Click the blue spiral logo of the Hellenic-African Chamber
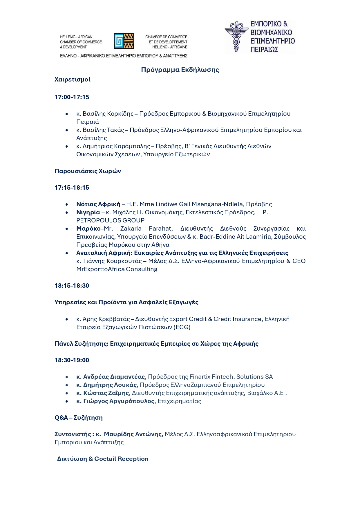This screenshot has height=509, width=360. point(119,41)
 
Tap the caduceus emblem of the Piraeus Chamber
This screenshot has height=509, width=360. point(236,37)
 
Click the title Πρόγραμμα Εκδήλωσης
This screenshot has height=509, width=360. point(180,70)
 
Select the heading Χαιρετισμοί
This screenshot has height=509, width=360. point(73,79)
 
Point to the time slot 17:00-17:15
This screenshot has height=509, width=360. point(72,97)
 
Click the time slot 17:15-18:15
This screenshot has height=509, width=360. point(72,188)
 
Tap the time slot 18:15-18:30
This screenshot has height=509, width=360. point(72,286)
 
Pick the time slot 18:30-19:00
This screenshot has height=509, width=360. point(72,360)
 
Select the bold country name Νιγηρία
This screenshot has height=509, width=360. point(88,212)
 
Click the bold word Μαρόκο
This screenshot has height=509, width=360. point(88,229)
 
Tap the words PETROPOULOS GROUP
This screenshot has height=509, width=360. point(110,220)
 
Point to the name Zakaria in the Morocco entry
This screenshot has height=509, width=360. point(131,229)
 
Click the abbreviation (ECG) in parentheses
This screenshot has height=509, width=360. point(182,327)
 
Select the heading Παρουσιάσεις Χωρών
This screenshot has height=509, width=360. point(88,171)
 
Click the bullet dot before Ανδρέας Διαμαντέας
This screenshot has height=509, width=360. point(67,377)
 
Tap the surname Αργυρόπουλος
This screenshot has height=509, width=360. point(133,401)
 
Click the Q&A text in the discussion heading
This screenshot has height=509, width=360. point(61,418)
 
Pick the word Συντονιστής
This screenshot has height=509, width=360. point(73,434)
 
